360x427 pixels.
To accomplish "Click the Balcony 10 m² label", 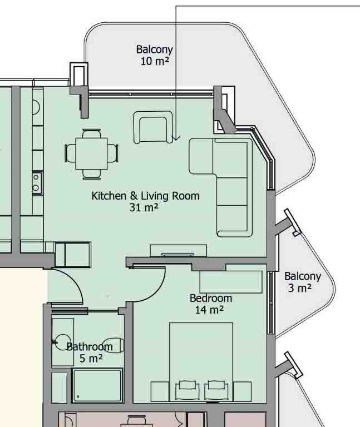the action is coord(155,55).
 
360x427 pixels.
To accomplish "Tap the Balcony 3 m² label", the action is coord(303,282).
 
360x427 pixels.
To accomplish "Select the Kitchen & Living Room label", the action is coord(145,196).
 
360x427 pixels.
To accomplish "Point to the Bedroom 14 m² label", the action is coord(211,304).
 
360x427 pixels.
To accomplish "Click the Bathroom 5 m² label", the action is coord(90,352).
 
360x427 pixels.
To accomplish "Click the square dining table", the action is coord(92,154).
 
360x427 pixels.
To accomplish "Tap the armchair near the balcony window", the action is coord(153,127).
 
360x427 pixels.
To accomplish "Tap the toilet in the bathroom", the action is coord(114,346).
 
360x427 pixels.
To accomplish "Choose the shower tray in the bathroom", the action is coord(97,386).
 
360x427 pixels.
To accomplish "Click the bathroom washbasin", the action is coord(62,342).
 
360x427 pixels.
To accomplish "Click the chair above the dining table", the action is coord(92,133).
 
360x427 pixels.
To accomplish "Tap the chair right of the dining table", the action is coord(112,153).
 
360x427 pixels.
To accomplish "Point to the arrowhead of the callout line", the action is coord(176,138).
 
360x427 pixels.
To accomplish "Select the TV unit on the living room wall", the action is coord(178,251).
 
